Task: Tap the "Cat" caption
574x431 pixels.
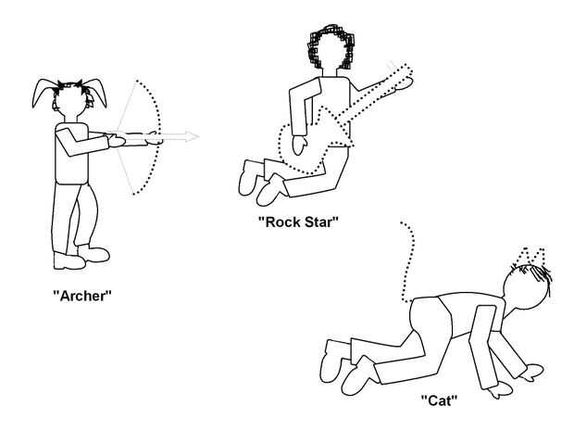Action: (x=440, y=400)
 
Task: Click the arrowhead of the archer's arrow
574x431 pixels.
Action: (x=192, y=137)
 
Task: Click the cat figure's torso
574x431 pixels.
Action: (x=444, y=320)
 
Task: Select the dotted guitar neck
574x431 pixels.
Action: (x=380, y=93)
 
